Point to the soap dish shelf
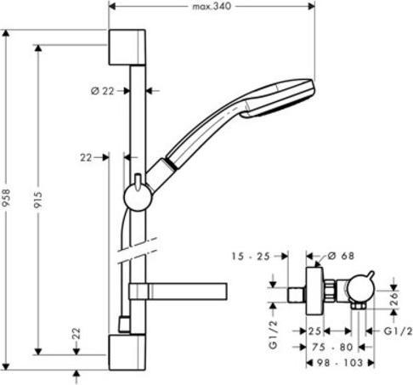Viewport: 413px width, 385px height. [x=178, y=292]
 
